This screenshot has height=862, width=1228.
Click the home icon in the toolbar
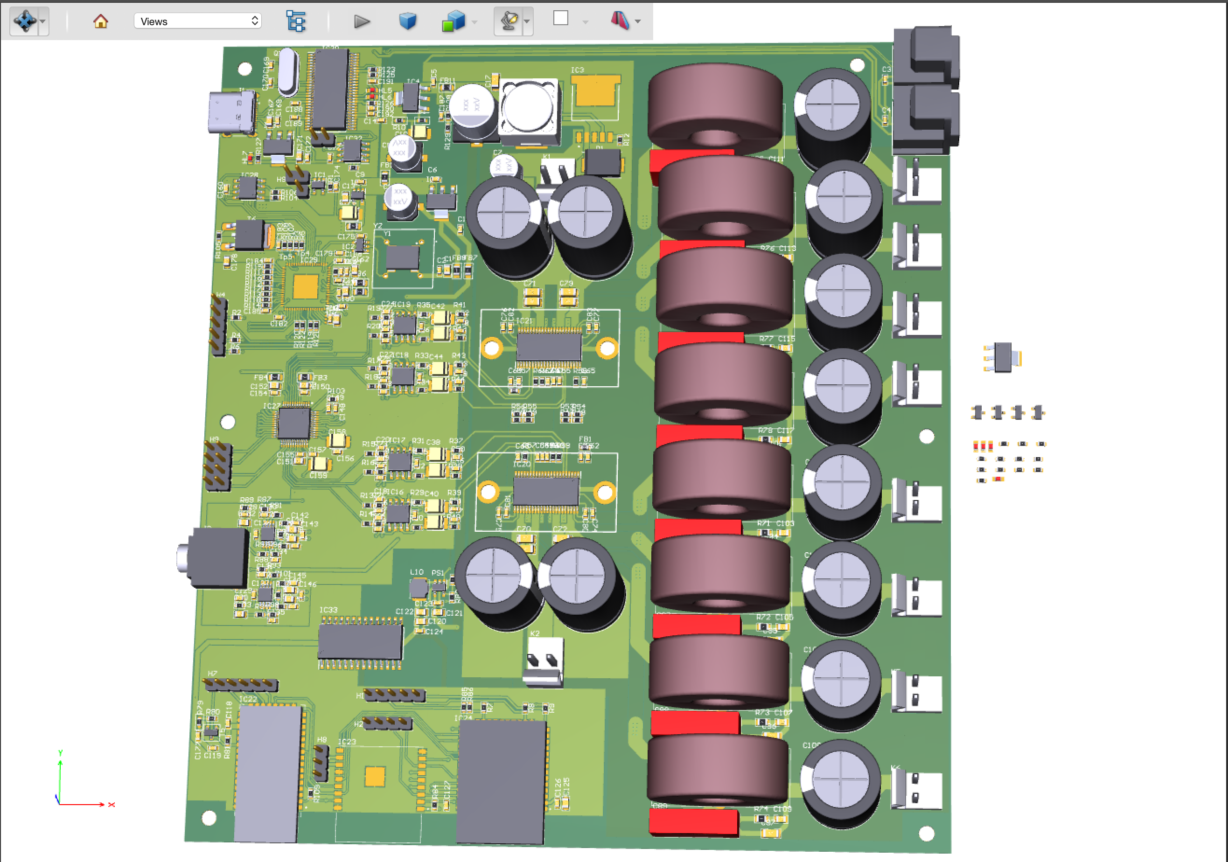(101, 21)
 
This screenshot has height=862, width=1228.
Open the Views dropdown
(197, 21)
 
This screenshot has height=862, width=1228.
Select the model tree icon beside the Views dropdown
(296, 21)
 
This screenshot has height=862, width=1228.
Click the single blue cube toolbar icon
(408, 21)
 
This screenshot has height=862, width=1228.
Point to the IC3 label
(577, 70)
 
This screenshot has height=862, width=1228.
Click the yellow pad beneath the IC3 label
(595, 92)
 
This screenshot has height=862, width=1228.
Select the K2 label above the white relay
(535, 633)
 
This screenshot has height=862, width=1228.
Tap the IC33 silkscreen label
(328, 610)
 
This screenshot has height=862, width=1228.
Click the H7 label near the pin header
(212, 674)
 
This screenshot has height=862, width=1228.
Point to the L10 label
(417, 572)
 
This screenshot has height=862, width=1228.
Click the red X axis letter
(111, 805)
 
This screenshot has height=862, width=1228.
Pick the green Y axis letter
(61, 753)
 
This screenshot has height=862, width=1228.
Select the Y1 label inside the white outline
(387, 234)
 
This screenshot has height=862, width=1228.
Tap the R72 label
(763, 617)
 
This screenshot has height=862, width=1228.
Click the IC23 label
(347, 742)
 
